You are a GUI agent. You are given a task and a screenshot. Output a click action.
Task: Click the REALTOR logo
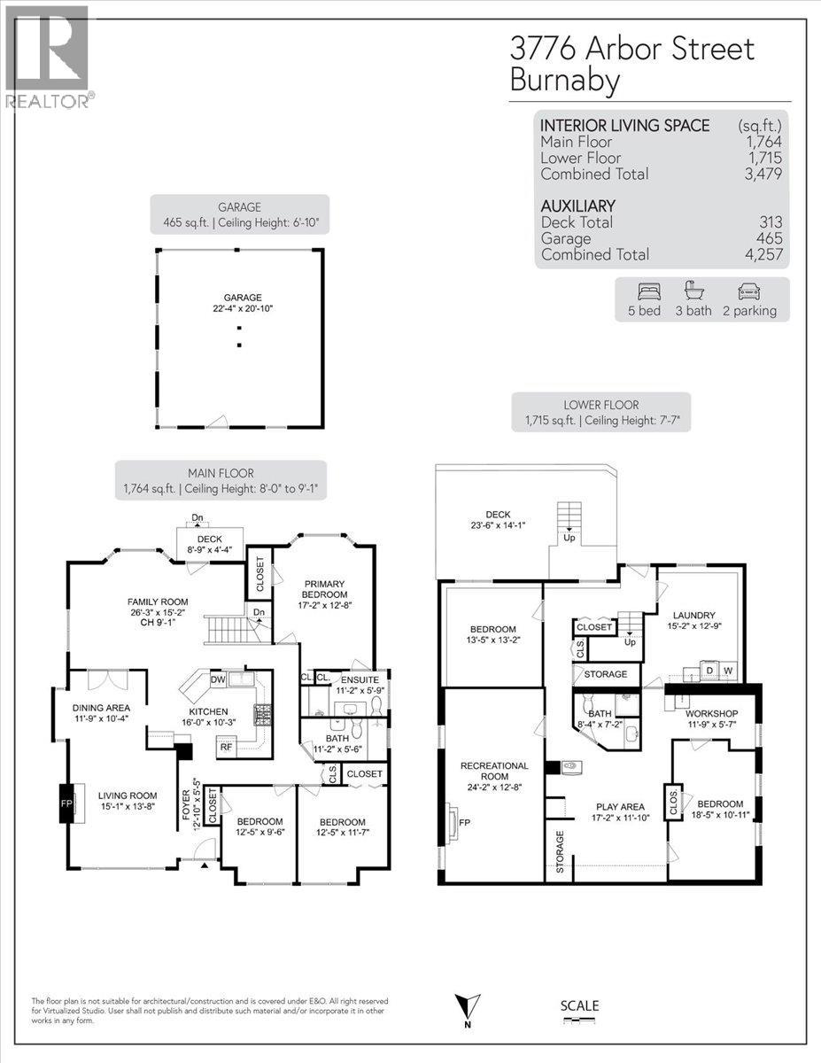pos(45,56)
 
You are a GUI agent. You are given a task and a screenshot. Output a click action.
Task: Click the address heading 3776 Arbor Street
pos(631,48)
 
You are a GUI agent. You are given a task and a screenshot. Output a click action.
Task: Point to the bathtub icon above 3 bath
pos(693,291)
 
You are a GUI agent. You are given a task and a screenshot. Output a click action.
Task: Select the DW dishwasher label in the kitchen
pos(218,680)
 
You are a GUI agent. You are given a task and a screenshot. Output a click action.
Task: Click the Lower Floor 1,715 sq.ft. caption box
pos(601,414)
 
